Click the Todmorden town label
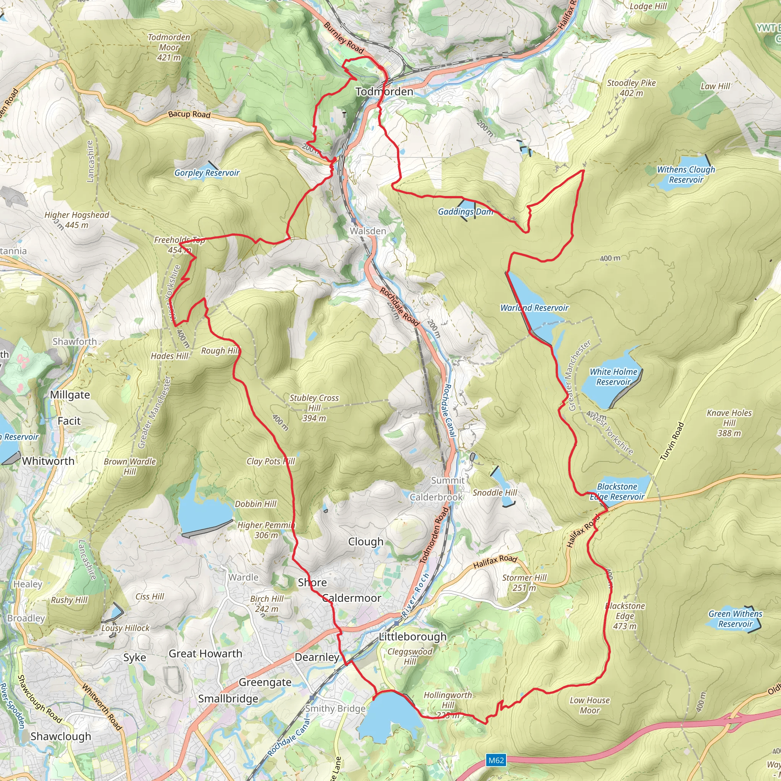pos(384,92)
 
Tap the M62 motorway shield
pos(496,760)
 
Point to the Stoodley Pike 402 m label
pos(631,88)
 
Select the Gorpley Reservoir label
pos(207,173)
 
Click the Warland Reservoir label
pos(534,308)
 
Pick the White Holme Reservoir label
pos(613,377)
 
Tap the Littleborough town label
pos(412,637)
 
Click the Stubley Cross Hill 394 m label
pos(314,408)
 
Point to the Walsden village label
pos(368,231)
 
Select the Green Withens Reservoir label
pos(735,619)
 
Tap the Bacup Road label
pos(189,114)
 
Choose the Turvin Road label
pos(672,442)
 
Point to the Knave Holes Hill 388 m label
pos(729,423)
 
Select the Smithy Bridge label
pos(335,709)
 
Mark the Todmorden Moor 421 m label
pos(169,47)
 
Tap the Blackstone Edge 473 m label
pos(625,615)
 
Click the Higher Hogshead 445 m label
pos(76,220)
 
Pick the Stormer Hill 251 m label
pos(524,583)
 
